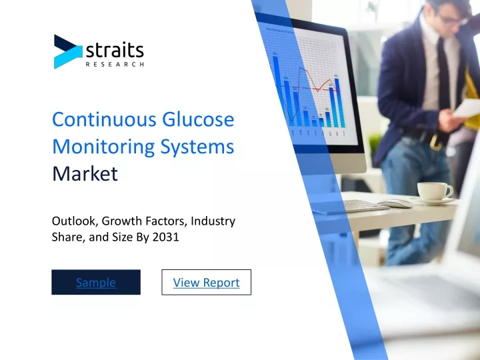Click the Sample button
96,282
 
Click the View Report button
206,282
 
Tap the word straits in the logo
115,51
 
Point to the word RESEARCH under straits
115,64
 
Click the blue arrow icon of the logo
68,52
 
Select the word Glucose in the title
198,119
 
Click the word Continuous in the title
105,119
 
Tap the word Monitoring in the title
103,147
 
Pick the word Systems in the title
197,147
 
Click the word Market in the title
85,173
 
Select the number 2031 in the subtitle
165,237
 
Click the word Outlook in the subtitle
75,221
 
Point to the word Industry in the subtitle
213,221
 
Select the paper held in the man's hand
467,108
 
